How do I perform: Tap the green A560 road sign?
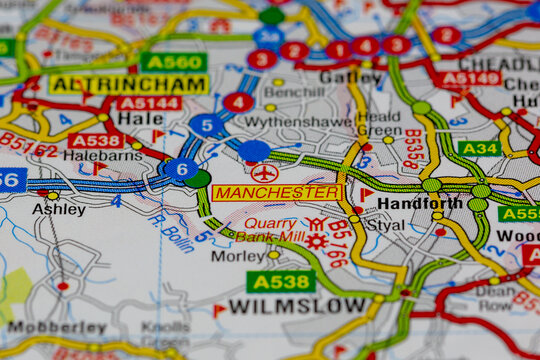(x=173, y=62)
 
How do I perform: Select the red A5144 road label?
(x=149, y=102)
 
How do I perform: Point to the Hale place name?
(x=139, y=118)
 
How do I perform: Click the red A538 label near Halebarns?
(x=96, y=140)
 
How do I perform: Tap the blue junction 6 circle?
(x=180, y=169)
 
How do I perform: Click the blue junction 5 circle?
(x=206, y=125)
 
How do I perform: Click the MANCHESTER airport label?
(x=277, y=192)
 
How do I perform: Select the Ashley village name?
(x=58, y=209)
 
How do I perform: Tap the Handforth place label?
(x=420, y=203)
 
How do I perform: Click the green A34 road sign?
(x=479, y=148)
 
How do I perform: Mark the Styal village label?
(x=385, y=226)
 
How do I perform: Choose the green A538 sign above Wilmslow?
(x=281, y=281)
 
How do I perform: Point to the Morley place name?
(x=239, y=255)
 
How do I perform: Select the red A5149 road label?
(x=470, y=78)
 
